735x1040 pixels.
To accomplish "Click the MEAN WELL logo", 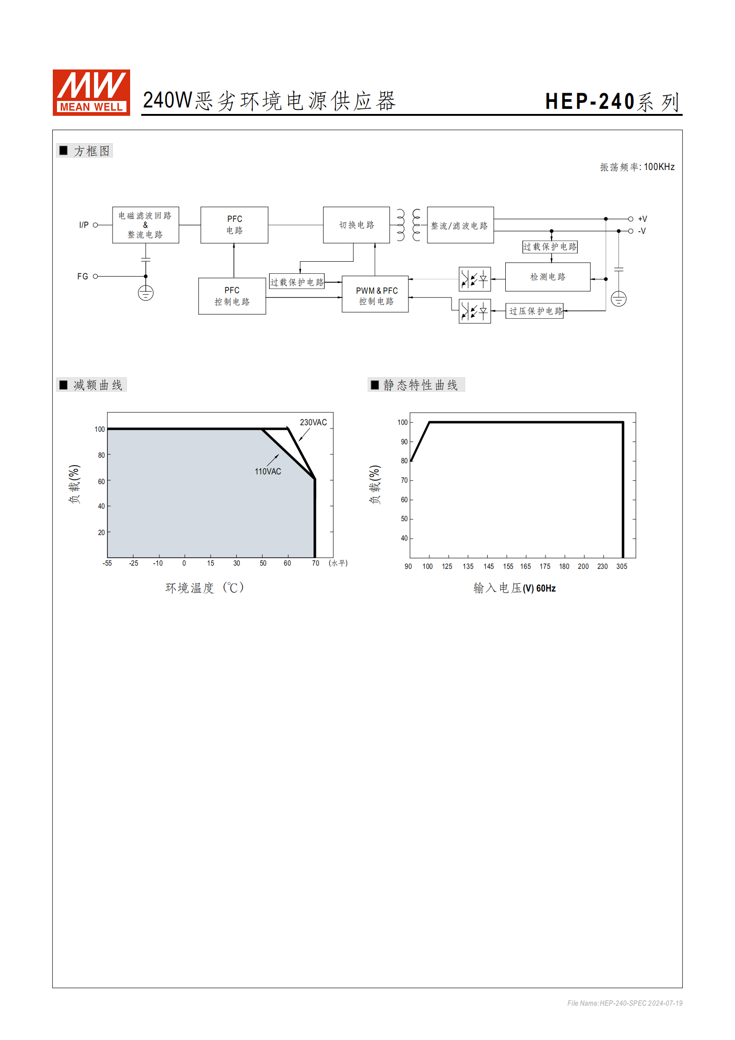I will pos(91,92).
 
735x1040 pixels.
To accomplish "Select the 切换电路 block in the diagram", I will pos(356,225).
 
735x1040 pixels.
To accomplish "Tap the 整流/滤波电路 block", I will pos(460,226).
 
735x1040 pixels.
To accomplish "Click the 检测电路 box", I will pos(547,277).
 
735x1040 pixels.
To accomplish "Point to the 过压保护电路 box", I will pos(534,311).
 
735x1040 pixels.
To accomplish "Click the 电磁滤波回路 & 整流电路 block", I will pos(145,225).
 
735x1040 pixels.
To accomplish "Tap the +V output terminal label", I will pos(642,219).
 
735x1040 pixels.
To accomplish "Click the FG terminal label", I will pos(82,277).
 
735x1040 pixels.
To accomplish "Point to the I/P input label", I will pos(84,225).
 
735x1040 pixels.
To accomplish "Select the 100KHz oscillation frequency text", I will pos(659,167).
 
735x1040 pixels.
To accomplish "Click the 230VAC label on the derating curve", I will pos(313,422).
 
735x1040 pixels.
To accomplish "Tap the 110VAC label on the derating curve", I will pos(268,472).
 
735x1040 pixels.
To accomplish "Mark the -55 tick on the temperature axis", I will pos(107,563).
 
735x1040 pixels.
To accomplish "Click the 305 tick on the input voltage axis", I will pos(622,567).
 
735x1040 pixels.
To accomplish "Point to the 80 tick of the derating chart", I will pos(101,455).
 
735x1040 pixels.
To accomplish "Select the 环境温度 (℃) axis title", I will pos(204,588).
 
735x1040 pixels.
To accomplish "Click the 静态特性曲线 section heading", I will pos(420,385).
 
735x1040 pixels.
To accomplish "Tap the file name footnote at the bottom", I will pos(624,1003).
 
